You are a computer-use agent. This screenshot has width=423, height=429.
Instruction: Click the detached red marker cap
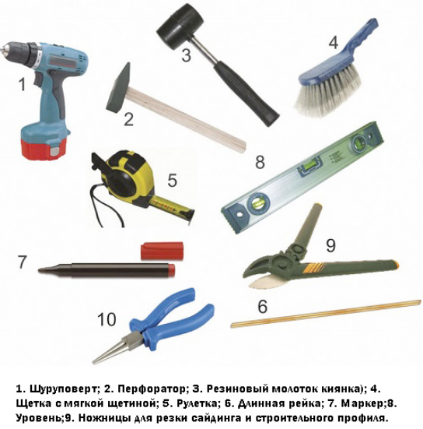(x=162, y=251)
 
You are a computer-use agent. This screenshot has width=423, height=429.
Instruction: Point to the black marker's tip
(x=41, y=270)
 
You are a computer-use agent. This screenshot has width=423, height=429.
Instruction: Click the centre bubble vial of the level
(x=310, y=166)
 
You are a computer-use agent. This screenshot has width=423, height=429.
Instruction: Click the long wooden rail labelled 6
(x=326, y=314)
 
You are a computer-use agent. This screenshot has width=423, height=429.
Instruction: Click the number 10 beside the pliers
(x=107, y=319)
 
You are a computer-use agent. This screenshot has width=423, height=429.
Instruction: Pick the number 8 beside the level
(x=260, y=161)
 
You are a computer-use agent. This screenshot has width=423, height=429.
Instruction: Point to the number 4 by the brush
(x=334, y=43)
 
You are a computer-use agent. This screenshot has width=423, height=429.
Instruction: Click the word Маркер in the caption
(x=362, y=404)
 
